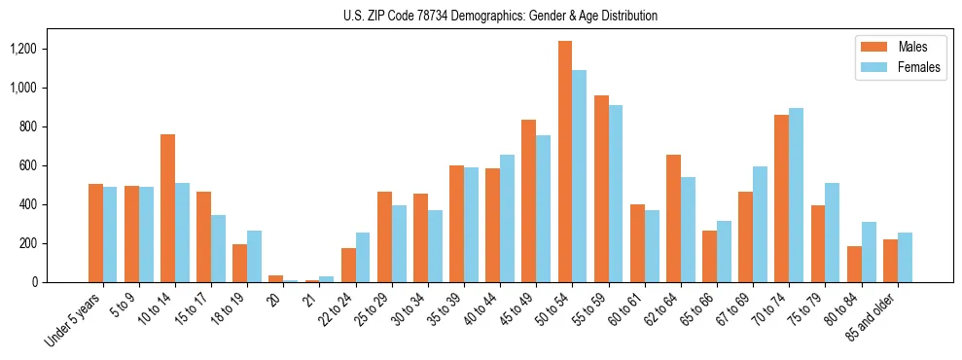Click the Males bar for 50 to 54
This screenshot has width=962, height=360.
[x=565, y=162]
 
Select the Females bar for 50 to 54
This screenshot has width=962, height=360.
[x=580, y=176]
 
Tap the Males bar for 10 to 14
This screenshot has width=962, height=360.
[x=167, y=208]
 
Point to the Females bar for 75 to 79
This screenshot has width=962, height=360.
[x=832, y=233]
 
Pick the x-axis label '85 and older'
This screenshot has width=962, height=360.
[x=876, y=315]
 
